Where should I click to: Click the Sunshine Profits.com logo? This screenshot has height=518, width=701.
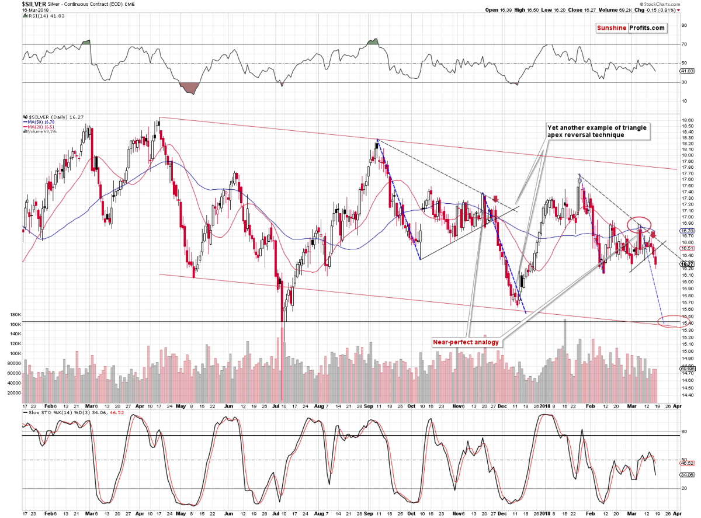[x=631, y=28]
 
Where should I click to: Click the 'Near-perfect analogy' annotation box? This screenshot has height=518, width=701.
[x=466, y=342]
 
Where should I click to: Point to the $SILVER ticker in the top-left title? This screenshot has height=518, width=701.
[x=17, y=3]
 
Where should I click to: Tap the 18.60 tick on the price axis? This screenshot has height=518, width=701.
[x=688, y=120]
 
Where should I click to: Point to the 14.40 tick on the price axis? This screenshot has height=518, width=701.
[x=688, y=395]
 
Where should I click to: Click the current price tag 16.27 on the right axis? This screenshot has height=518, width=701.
[x=687, y=264]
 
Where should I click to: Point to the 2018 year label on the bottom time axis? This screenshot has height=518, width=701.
[x=546, y=406]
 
